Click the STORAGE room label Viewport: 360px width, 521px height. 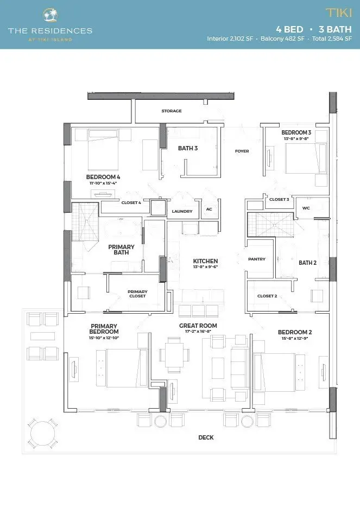172,111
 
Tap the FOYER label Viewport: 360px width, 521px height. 242,151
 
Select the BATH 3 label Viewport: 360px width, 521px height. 188,148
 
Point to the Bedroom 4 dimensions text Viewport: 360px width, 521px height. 103,183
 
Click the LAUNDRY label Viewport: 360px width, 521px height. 182,211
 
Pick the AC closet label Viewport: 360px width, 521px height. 209,209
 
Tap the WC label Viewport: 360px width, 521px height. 306,208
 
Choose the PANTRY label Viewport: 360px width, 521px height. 257,259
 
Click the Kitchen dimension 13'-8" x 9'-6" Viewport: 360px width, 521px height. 205,267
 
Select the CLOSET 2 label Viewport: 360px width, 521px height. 267,296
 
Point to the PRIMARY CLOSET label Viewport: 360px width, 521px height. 137,294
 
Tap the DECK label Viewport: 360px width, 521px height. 206,437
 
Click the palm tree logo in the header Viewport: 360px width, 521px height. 50,15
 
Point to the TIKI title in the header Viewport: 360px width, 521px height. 339,13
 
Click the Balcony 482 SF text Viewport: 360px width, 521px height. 282,39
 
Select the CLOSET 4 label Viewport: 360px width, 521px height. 131,202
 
